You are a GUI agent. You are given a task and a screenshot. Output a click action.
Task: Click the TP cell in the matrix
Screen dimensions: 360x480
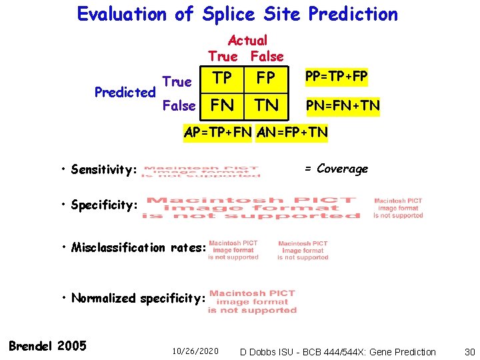coord(222,79)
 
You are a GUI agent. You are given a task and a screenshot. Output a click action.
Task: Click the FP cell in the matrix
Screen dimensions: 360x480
coord(265,79)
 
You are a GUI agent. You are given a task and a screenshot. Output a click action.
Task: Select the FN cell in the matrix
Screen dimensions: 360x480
coord(222,105)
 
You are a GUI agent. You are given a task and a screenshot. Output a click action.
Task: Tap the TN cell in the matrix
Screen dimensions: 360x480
coord(265,105)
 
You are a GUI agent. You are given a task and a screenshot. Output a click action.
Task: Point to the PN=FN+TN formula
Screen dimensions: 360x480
coord(343,105)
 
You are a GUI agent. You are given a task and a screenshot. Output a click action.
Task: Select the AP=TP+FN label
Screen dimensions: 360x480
coord(217,132)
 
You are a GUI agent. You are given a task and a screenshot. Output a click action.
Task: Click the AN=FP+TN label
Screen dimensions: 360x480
coord(292,132)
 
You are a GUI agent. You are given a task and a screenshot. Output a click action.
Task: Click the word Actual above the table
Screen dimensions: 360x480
coord(247,41)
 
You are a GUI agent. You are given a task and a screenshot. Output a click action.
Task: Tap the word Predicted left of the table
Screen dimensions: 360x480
coord(125,92)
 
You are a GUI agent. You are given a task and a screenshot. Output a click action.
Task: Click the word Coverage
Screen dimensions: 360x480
coord(342,169)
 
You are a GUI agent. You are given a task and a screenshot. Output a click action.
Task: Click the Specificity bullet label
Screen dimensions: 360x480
coord(103,205)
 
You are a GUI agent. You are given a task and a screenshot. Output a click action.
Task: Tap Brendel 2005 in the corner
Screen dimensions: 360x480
coord(47,345)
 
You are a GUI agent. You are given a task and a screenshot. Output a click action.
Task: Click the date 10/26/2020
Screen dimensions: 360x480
coord(195,351)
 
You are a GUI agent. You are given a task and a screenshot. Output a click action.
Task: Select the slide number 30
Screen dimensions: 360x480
coord(468,351)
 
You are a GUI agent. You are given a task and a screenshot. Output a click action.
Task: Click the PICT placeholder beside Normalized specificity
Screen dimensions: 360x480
coord(252,301)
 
